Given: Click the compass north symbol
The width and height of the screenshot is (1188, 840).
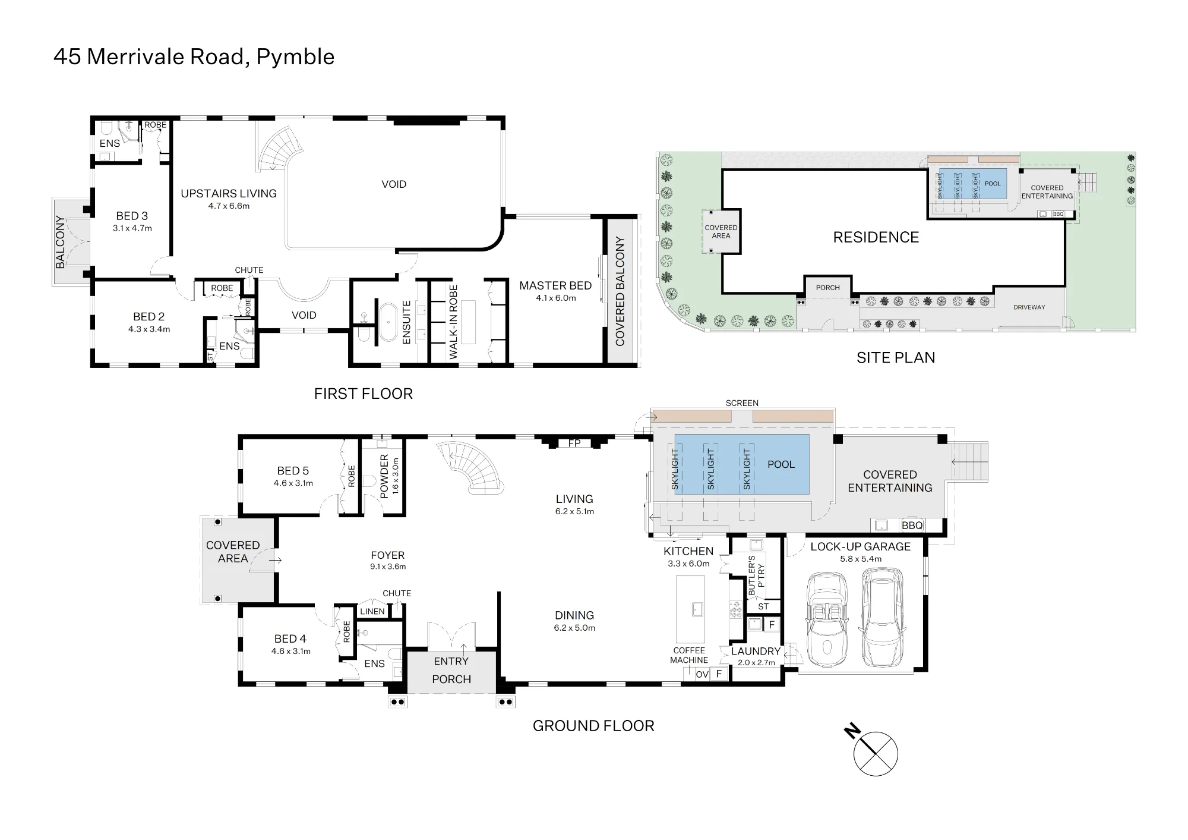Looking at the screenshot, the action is pos(875,753).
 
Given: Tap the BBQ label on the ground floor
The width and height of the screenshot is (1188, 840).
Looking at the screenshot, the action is pos(912,526).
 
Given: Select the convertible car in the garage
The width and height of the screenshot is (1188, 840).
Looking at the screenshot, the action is pos(827,620).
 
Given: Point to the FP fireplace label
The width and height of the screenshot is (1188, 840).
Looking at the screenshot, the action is pos(574,443).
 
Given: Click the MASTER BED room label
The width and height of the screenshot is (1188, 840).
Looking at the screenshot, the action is pos(555,286).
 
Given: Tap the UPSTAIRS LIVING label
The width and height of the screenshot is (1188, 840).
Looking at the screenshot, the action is pos(229,194).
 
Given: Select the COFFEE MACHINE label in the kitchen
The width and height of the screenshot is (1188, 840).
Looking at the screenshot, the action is pos(689,655).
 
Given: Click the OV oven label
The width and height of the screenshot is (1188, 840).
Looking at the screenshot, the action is pos(702,674).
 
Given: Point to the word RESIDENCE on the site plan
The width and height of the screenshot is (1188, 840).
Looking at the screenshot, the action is pos(876,237).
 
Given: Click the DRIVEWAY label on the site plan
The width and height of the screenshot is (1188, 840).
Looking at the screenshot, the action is pos(1029,307).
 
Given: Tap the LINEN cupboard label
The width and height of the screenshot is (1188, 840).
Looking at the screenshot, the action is pos(372,611).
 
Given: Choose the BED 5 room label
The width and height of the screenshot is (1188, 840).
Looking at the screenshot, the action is pos(293,471).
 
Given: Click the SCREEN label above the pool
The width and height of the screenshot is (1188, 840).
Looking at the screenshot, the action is pos(742,403).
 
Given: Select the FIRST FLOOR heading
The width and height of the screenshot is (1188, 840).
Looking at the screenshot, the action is pos(364,394).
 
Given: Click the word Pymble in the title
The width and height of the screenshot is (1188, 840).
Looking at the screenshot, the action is pos(295,57).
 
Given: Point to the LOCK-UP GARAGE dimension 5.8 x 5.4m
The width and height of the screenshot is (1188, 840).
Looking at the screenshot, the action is pos(861,559).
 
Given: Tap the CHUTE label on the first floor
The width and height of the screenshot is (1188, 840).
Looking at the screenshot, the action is pos(249,270).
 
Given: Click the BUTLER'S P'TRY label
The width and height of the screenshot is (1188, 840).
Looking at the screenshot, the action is pos(756,575).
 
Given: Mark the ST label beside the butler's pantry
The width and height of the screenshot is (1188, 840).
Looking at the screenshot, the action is pos(763,606).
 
